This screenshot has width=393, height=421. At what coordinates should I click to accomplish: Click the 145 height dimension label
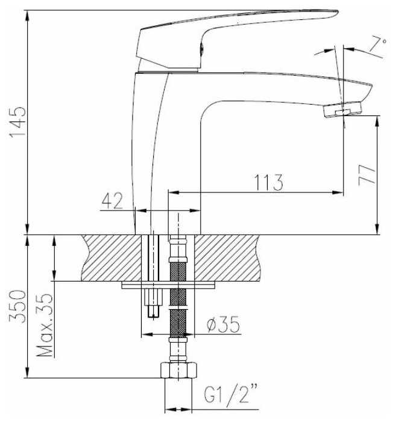click(17, 123)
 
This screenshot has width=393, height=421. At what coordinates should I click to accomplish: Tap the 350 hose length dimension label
click(17, 306)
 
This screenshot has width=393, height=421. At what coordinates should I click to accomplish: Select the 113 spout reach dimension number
click(269, 182)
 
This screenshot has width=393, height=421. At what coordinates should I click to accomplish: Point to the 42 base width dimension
click(112, 200)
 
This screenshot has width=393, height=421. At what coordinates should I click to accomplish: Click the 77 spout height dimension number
click(367, 175)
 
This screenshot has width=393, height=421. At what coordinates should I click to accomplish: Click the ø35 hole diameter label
click(223, 324)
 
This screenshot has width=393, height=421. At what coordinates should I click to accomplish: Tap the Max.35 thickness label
click(45, 325)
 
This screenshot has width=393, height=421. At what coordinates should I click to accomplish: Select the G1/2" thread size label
click(230, 394)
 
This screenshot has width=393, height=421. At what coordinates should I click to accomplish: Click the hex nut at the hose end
click(178, 370)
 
